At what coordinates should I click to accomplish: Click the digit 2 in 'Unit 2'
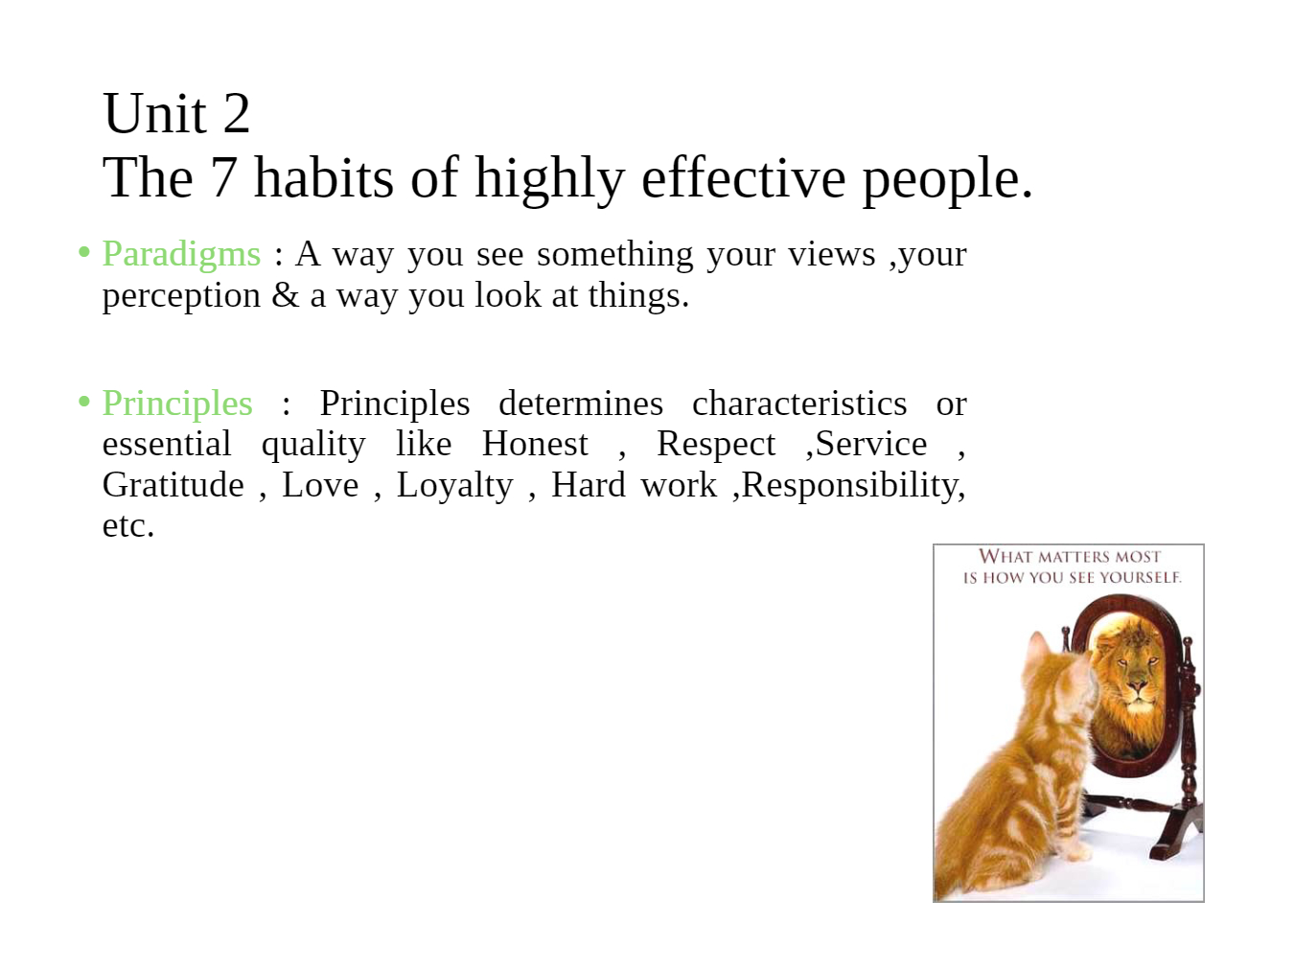click(237, 113)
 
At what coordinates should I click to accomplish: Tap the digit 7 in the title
click(223, 178)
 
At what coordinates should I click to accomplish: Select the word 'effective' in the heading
click(744, 177)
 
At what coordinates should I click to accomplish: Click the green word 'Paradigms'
click(181, 255)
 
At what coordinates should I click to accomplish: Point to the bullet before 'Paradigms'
click(84, 252)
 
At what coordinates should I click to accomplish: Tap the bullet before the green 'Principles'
click(84, 402)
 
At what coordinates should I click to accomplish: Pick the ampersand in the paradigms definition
click(286, 295)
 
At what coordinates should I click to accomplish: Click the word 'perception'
click(181, 296)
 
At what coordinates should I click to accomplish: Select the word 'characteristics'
click(799, 404)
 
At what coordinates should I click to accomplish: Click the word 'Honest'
click(535, 444)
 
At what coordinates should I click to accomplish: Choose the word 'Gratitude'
click(173, 485)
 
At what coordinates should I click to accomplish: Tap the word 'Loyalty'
click(454, 486)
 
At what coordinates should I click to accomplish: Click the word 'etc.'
click(128, 525)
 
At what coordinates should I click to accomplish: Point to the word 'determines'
click(581, 404)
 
